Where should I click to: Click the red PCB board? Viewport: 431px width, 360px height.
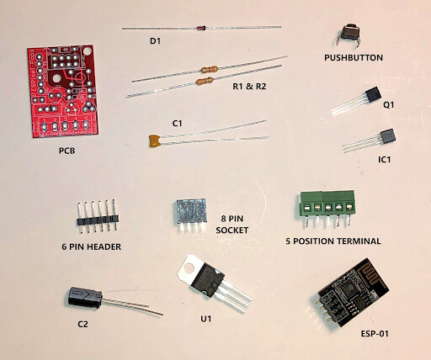[63, 91]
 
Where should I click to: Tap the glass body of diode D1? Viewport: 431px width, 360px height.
[201, 28]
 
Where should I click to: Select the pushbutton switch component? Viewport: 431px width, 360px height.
[349, 34]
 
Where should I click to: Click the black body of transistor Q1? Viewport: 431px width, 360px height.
[373, 94]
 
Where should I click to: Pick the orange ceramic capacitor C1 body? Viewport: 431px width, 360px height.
[154, 140]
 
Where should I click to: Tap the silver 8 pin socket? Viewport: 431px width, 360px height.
[192, 214]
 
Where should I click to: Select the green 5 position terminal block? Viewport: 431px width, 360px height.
[327, 208]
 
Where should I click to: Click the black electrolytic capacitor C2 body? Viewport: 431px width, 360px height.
[84, 298]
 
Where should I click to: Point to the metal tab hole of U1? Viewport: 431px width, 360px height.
[189, 267]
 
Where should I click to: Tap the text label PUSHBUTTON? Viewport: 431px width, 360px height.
[354, 58]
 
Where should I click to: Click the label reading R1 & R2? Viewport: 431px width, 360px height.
[249, 87]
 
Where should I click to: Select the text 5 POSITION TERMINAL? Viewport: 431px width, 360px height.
[333, 241]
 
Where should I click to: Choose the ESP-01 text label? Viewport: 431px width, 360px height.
[375, 334]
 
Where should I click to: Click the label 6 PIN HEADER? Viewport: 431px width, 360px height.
[92, 246]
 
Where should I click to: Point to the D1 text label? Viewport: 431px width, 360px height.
[155, 41]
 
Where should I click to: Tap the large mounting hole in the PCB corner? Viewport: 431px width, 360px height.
[88, 51]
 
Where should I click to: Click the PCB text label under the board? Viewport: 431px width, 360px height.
[67, 151]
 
